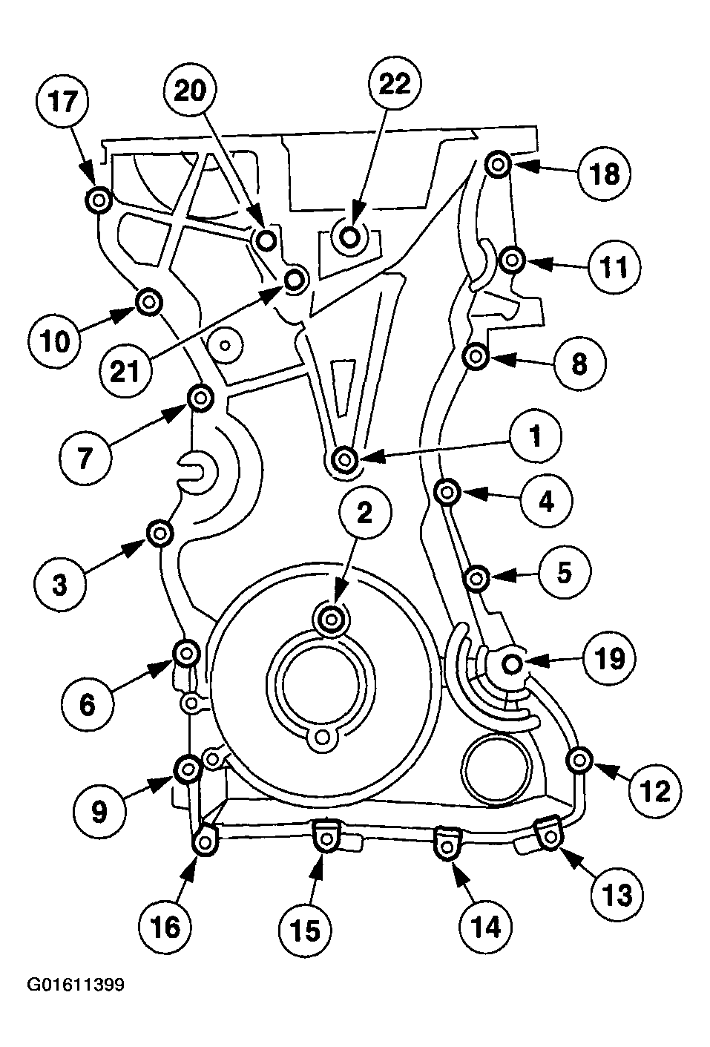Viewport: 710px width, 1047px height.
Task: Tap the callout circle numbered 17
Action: click(x=63, y=102)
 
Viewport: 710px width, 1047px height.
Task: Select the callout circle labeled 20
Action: click(x=194, y=91)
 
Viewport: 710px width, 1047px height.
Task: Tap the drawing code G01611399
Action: click(x=76, y=985)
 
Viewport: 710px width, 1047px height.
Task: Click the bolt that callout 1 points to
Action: click(x=344, y=460)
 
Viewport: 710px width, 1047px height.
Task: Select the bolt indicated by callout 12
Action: click(x=579, y=759)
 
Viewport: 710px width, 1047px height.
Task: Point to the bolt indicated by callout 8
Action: click(x=475, y=357)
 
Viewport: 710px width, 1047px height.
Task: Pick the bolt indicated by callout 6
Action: click(x=185, y=653)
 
